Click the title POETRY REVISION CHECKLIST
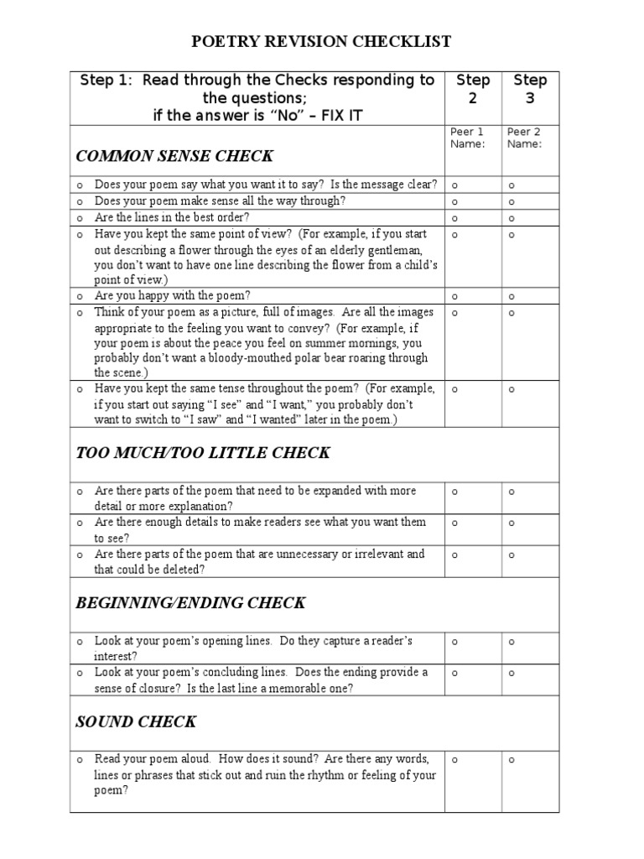click(x=322, y=41)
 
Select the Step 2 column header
click(x=473, y=89)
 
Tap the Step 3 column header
click(x=530, y=89)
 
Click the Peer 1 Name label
click(x=468, y=138)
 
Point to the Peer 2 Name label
click(x=524, y=138)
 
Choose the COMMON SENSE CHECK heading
click(x=174, y=156)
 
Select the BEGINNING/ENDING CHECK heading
click(x=190, y=602)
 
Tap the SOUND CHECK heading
click(x=136, y=721)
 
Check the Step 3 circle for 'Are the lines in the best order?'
click(x=512, y=218)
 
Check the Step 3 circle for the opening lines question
click(x=512, y=642)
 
